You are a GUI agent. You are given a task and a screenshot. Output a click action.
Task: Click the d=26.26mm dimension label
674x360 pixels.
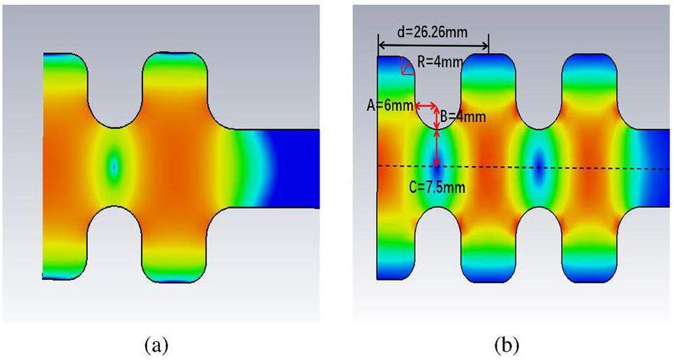(x=432, y=32)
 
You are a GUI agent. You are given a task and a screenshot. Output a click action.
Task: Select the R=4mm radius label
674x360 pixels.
(x=440, y=62)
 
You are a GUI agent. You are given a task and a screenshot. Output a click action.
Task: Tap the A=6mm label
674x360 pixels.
(x=390, y=105)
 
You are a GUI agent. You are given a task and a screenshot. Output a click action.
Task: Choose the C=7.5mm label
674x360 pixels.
(x=437, y=187)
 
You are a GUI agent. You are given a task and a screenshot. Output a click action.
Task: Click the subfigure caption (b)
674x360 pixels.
(x=508, y=345)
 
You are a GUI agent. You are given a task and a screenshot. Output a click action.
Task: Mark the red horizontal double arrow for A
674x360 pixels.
(x=426, y=105)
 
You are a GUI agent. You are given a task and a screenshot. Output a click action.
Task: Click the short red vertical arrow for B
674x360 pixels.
(x=437, y=118)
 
